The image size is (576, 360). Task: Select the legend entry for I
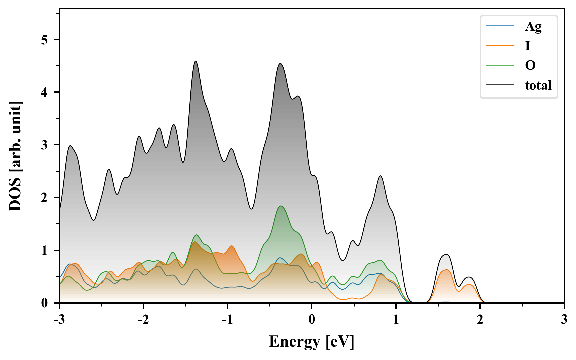tap(527, 46)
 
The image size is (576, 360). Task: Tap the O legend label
tap(530, 65)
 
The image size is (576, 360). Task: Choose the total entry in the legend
tap(538, 85)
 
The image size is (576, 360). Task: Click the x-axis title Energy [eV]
tap(311, 341)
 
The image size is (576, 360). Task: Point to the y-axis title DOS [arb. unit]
tap(15, 157)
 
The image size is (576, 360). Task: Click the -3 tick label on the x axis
tap(59, 319)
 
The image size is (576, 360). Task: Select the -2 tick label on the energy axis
tap(143, 319)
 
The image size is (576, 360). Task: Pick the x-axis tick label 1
tap(396, 319)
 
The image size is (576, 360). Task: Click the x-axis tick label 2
tap(480, 319)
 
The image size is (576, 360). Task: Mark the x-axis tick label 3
tap(564, 319)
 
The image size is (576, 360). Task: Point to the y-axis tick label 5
tap(45, 40)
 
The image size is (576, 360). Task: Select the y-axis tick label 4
tap(45, 92)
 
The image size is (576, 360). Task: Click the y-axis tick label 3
tap(45, 145)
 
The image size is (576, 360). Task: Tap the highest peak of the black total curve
tap(196, 61)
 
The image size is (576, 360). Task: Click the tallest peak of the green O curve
tap(281, 206)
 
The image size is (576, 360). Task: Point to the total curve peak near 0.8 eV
tap(380, 176)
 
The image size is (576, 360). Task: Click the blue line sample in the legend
tap(500, 26)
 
